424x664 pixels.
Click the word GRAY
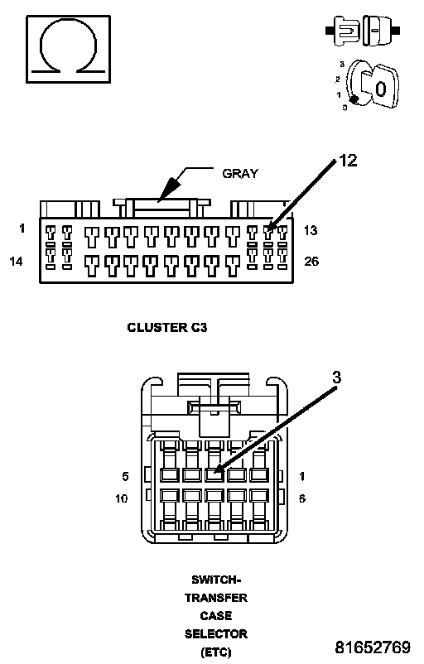tap(240, 174)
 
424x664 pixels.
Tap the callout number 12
tap(348, 161)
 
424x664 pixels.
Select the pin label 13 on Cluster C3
tap(311, 230)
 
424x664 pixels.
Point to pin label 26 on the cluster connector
tap(311, 262)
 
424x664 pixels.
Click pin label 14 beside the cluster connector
tap(16, 262)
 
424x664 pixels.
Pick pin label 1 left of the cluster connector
tap(22, 229)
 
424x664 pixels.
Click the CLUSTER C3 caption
tap(167, 327)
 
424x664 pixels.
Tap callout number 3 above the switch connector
tap(336, 377)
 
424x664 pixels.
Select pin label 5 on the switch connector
tap(125, 476)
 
